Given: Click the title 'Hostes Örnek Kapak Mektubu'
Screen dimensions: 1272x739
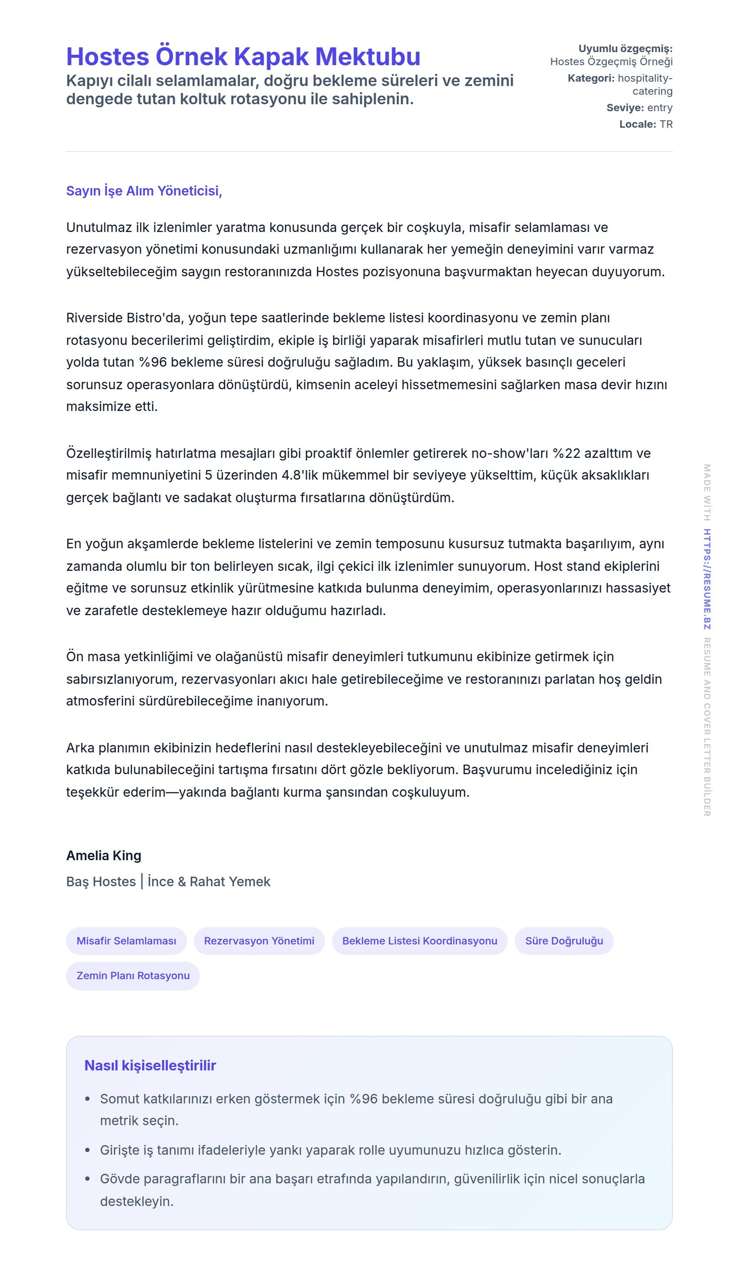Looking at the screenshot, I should (243, 56).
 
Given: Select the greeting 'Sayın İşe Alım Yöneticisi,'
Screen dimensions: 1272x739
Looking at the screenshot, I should (144, 191).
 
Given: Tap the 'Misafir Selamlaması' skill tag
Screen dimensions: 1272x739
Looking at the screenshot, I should (126, 941).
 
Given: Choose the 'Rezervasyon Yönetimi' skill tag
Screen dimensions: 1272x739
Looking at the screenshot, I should (259, 941).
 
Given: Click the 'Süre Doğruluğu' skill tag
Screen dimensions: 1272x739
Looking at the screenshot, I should (564, 941).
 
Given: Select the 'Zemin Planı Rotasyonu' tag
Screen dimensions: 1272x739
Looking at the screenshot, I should (133, 976).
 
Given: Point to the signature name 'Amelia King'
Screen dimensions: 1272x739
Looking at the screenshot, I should (103, 855).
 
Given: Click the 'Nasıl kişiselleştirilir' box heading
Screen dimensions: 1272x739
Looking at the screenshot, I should (150, 1066).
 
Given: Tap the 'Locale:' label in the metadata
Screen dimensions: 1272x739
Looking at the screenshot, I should (637, 124).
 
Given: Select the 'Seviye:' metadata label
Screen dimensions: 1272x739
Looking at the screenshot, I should (625, 107).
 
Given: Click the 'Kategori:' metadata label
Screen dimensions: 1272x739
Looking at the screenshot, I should (590, 78).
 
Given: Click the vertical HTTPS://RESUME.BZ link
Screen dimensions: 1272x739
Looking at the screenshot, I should (707, 579).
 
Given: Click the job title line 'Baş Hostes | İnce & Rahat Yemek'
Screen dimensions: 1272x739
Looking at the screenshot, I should (168, 882).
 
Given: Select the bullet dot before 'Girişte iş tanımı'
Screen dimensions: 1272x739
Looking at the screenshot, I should (88, 1150).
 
